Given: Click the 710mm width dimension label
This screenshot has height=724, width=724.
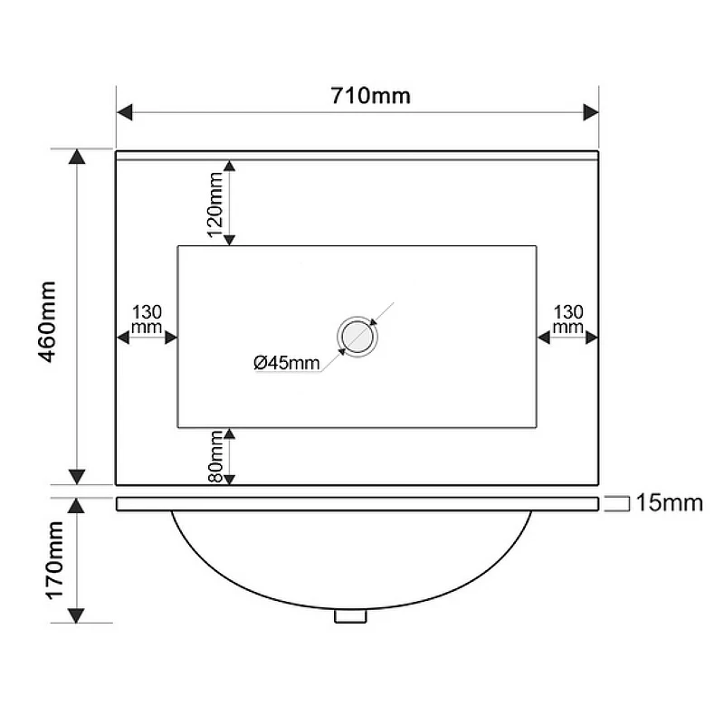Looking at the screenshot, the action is pos(370,96).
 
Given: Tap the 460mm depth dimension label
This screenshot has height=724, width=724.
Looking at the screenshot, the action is pos(48,321).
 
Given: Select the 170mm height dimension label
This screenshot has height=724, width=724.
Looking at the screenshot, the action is pos(54,560).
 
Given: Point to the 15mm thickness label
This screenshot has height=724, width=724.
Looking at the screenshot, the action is pos(669,503).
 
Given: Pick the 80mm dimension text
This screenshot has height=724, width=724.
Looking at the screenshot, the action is pos(216,457).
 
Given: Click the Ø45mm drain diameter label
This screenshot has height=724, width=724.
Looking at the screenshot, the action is pos(286,363).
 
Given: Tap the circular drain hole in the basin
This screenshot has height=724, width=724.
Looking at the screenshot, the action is pos(357,336).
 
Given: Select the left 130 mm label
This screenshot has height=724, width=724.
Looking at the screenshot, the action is pos(147,319).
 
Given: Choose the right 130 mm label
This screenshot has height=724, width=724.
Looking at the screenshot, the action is pos(568,319).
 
